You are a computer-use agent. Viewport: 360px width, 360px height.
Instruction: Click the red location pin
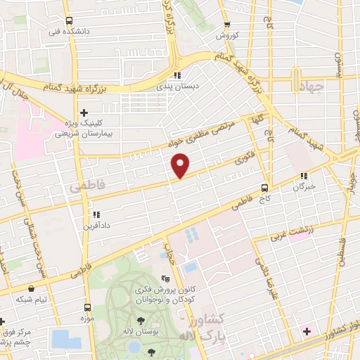point(181,166)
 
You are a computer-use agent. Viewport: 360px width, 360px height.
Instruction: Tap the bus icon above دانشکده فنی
point(69,21)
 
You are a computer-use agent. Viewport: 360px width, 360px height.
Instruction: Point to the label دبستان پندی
point(178,86)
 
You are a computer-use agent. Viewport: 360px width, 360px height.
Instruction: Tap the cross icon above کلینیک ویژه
point(84,112)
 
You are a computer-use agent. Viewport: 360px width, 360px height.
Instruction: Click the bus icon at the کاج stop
point(264,188)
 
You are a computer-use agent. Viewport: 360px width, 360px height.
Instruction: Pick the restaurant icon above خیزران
point(304,176)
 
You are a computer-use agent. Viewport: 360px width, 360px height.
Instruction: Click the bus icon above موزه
point(88,307)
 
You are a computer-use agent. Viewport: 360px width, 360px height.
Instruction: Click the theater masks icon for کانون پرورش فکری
point(165,280)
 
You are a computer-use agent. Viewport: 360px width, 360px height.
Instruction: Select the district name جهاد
point(309,86)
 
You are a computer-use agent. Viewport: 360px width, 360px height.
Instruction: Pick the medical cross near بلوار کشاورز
point(307,330)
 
